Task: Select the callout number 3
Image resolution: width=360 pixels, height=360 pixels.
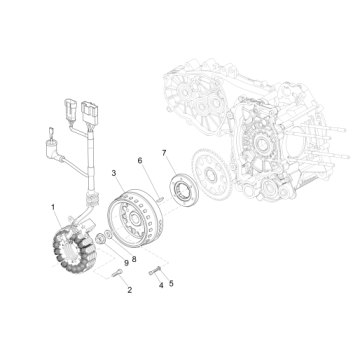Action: click(114, 174)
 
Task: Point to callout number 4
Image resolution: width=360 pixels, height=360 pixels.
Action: click(159, 285)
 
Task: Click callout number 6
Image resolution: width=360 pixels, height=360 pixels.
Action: click(139, 159)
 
